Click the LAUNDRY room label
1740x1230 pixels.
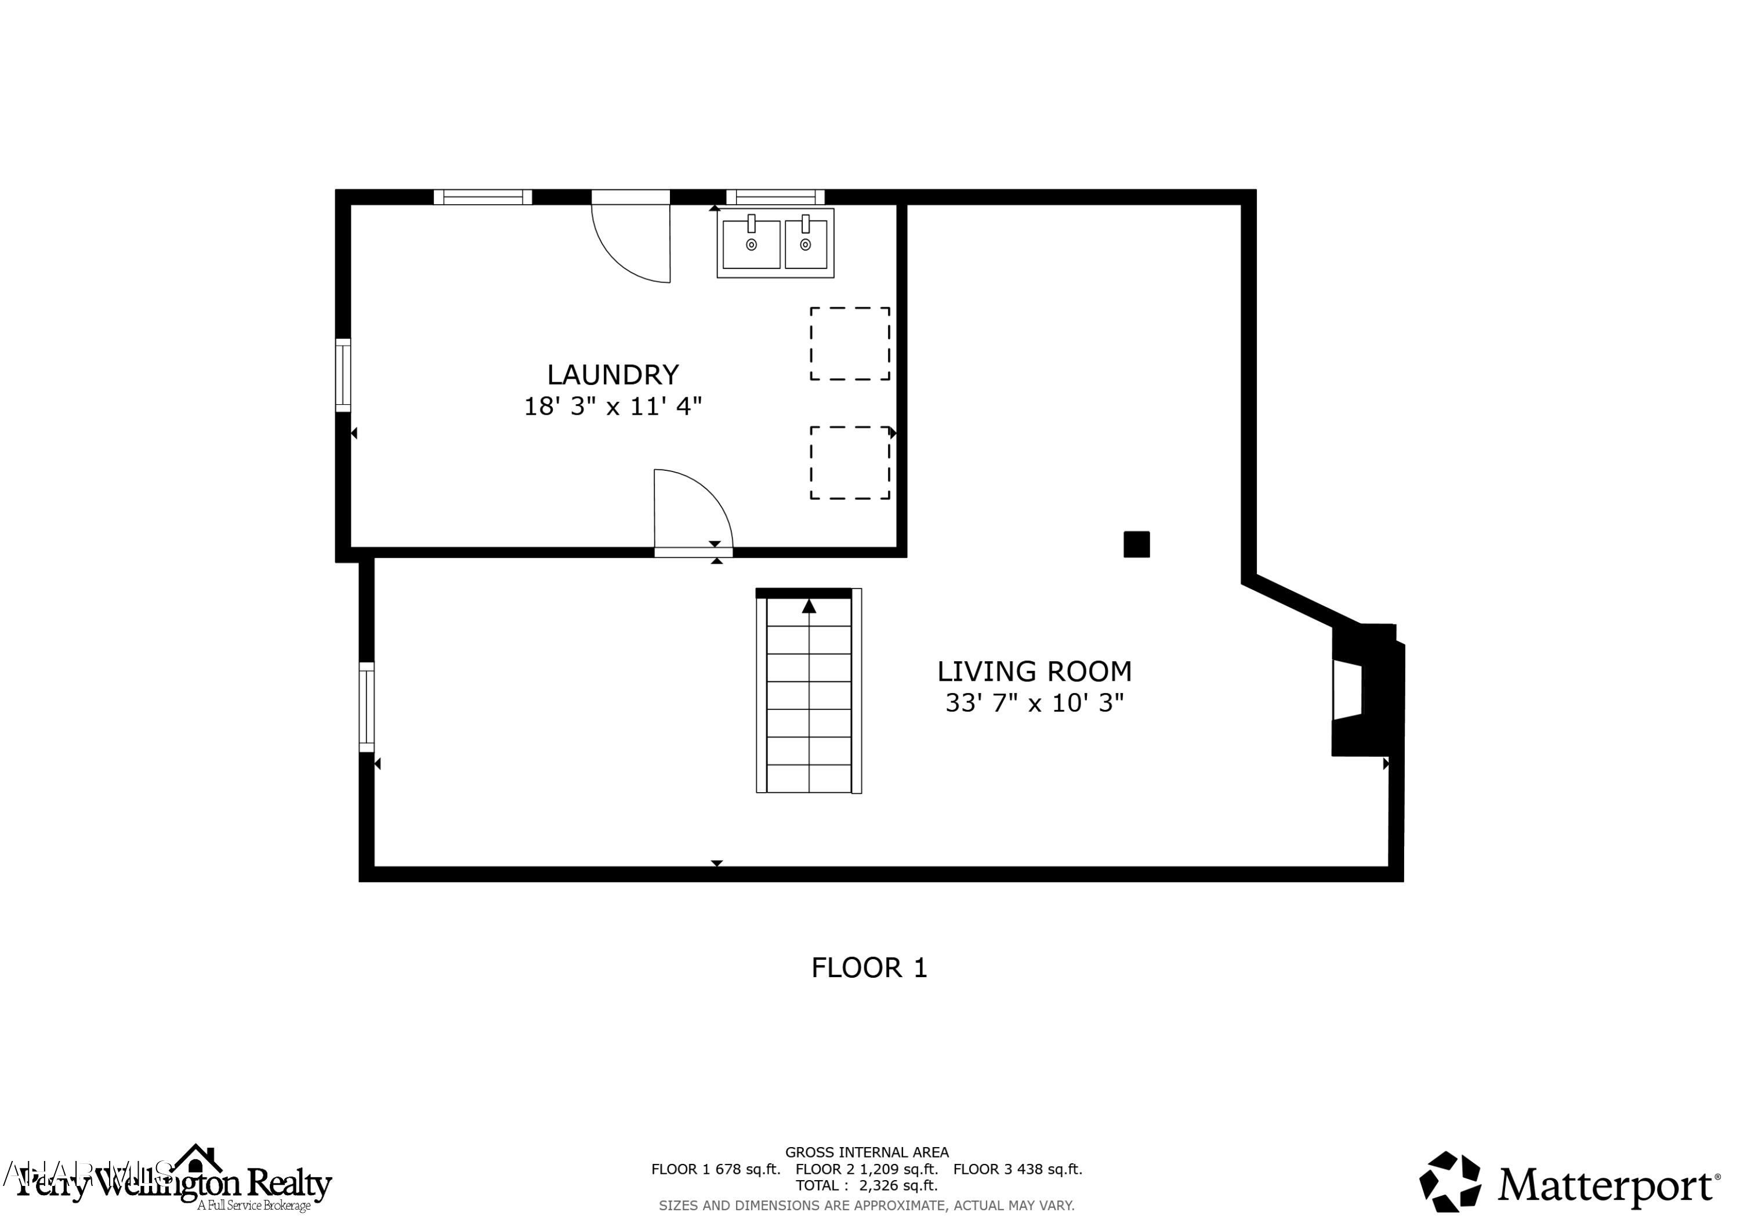(x=612, y=375)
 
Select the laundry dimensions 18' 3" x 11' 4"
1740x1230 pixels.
(x=612, y=407)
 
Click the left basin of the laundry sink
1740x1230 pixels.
(x=751, y=244)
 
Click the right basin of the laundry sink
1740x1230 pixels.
(x=805, y=244)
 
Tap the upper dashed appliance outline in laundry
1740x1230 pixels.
(x=850, y=343)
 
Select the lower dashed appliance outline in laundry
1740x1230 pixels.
(x=850, y=462)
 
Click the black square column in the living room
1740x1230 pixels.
(x=1136, y=544)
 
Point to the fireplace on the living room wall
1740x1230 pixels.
(x=1364, y=689)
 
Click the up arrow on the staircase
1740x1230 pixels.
(x=809, y=606)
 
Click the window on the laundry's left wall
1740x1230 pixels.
(x=343, y=375)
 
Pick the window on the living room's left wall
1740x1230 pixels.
(x=367, y=706)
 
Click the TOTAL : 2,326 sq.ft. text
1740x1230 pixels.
(x=866, y=1185)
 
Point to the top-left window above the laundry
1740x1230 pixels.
(x=483, y=197)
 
